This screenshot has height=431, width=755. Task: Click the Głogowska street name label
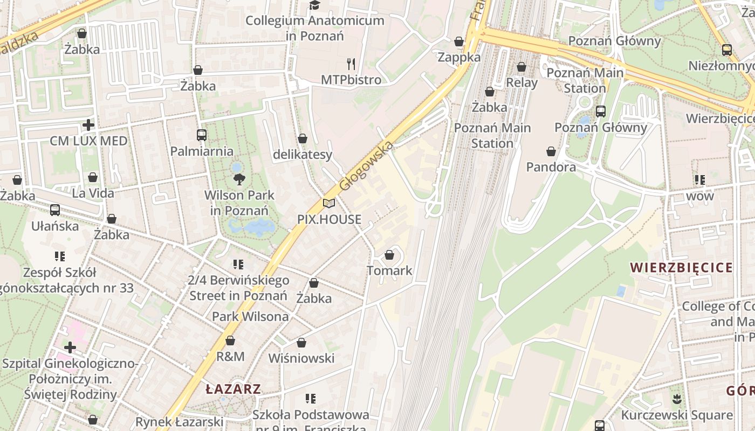(367, 165)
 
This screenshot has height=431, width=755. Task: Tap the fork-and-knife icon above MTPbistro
(351, 64)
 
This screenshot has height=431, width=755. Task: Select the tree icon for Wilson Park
(238, 179)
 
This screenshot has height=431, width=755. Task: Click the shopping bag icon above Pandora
(551, 152)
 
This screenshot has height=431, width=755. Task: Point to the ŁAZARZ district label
(234, 389)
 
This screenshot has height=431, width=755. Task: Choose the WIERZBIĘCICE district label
(681, 268)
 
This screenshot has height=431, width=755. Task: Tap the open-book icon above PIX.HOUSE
(329, 204)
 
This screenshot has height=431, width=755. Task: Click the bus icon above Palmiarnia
(202, 135)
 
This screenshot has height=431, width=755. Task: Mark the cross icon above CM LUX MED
(88, 126)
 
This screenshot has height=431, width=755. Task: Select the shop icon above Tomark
(389, 255)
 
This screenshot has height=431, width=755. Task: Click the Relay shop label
(521, 82)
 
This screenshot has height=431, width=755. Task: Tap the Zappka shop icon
(459, 41)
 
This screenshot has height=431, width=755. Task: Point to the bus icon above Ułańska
(54, 210)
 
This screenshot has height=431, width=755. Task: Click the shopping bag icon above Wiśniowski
(301, 343)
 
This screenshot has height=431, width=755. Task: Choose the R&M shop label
(230, 356)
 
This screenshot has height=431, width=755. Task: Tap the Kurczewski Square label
(676, 415)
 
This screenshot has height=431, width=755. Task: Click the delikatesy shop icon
(303, 139)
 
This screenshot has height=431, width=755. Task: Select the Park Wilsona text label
(250, 317)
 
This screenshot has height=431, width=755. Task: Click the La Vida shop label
(93, 193)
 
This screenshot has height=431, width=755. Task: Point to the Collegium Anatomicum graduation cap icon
(314, 5)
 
